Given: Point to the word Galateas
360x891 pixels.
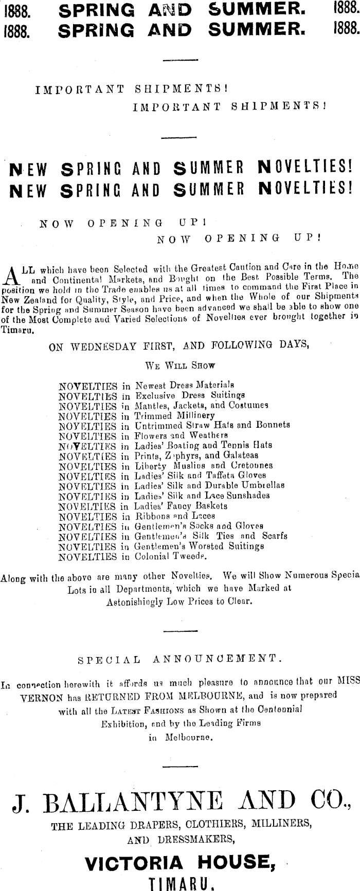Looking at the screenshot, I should [241, 456].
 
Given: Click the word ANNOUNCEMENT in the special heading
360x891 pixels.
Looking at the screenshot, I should [215, 658].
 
